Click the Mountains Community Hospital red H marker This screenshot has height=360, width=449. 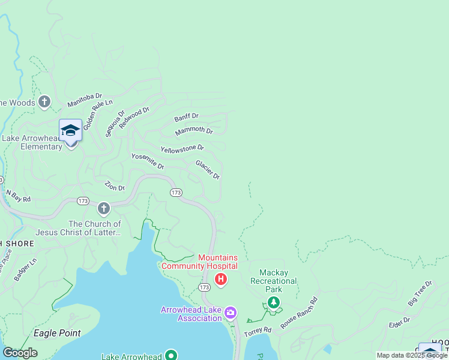coord(221,279)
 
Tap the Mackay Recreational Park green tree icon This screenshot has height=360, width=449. coord(274,302)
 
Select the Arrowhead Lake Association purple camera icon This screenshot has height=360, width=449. coord(230,313)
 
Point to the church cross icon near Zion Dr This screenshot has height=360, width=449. coord(104,209)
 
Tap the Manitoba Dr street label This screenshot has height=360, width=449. coord(85,100)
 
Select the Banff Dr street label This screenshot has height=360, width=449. coord(186,116)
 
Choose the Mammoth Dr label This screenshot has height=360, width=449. coord(194,131)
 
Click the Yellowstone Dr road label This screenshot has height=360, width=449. coord(182,148)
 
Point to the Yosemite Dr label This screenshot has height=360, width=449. coord(148,161)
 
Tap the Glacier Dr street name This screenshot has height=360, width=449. coord(208,169)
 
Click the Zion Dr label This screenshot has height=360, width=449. coord(115,186)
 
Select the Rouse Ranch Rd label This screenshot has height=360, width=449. coord(299,311)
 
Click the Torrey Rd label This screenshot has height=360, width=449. coord(259,330)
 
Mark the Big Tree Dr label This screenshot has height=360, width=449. coord(420,293)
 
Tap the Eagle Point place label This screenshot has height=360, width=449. coord(57,333)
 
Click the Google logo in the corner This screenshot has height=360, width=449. coord(20,352)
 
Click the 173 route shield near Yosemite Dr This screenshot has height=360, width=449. coord(175,193)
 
